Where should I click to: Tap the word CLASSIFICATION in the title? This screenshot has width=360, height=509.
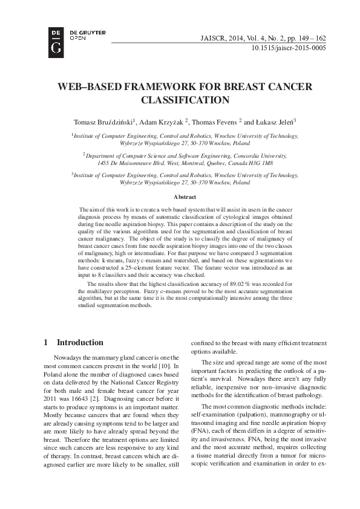(x=185, y=100)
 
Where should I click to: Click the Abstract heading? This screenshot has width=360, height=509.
(x=185, y=198)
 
